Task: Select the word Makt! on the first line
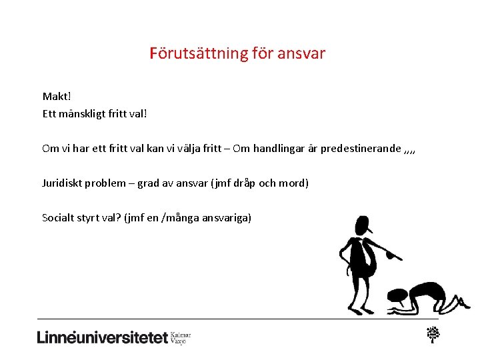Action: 57,97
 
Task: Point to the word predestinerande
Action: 361,148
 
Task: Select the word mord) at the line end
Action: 293,183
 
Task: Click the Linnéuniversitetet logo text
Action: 103,337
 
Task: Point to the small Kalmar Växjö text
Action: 181,337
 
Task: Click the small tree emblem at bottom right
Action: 434,334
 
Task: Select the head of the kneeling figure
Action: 398,295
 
